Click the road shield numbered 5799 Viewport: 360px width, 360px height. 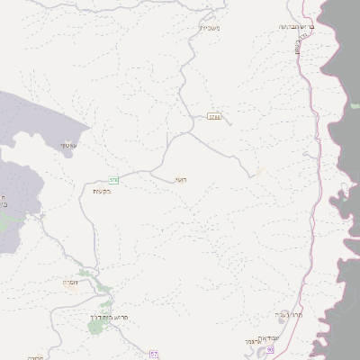click(x=213, y=116)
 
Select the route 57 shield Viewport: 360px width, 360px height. click(x=154, y=355)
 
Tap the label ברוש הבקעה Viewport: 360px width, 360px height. click(x=298, y=27)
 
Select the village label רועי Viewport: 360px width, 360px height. click(x=181, y=179)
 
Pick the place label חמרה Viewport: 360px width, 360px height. click(x=72, y=283)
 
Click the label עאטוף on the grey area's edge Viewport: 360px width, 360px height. click(x=68, y=145)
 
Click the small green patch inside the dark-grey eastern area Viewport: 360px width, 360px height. click(x=355, y=105)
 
